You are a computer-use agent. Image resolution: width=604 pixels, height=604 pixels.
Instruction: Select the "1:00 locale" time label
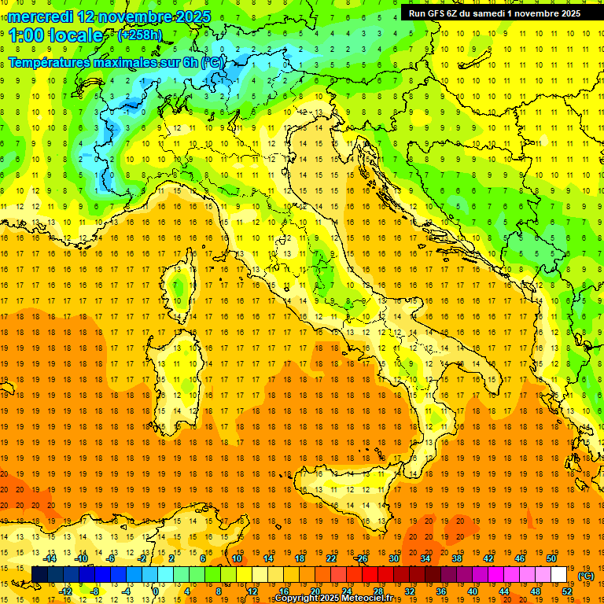(x=56, y=35)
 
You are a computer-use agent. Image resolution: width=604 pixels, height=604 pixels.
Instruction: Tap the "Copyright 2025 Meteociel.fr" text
(x=339, y=598)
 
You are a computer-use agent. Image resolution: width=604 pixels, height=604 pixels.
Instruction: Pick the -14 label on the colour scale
(x=50, y=558)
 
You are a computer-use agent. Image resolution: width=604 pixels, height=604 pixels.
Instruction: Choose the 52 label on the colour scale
(x=567, y=591)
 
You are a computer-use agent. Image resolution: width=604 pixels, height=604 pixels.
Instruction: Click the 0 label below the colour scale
(x=155, y=591)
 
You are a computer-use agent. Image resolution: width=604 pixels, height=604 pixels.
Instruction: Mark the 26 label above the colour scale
(x=362, y=558)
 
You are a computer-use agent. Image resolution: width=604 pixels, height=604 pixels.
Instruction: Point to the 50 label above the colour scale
(x=551, y=558)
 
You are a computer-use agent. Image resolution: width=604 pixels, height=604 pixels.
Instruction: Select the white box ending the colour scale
(x=558, y=575)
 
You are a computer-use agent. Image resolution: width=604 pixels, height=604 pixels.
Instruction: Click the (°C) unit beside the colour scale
(x=586, y=576)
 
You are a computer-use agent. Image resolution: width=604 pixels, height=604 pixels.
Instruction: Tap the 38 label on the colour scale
(x=456, y=558)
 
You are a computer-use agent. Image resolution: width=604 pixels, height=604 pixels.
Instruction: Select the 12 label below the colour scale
(x=253, y=591)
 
